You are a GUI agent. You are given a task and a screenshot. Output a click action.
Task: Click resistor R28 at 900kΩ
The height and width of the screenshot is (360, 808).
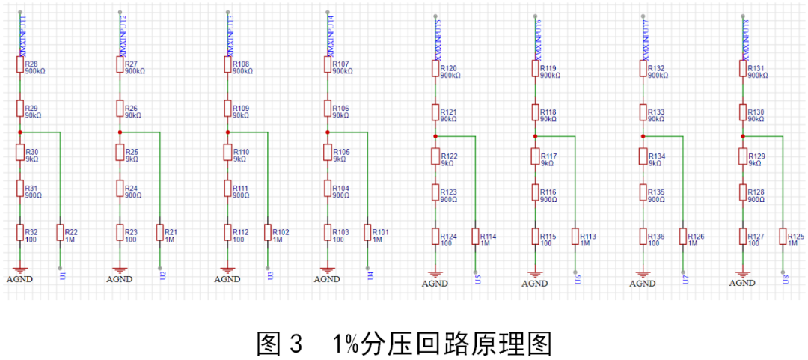point(20,65)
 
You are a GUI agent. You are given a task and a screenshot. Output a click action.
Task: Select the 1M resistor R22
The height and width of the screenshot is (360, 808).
point(61,233)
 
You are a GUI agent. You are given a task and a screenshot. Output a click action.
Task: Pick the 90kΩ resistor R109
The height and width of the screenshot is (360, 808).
point(227,109)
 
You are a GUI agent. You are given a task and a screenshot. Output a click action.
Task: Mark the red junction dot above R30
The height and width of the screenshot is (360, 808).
point(20,132)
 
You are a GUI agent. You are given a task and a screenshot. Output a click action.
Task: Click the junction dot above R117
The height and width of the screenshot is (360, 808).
point(535,136)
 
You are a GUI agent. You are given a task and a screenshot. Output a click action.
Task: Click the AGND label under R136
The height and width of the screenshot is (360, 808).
point(642,284)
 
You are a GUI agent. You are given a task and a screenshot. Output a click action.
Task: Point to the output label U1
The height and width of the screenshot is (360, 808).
point(63,275)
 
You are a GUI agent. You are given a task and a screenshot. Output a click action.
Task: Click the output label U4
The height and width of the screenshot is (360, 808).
point(370,275)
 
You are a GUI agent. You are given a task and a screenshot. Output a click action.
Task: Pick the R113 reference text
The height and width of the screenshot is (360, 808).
point(588,236)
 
